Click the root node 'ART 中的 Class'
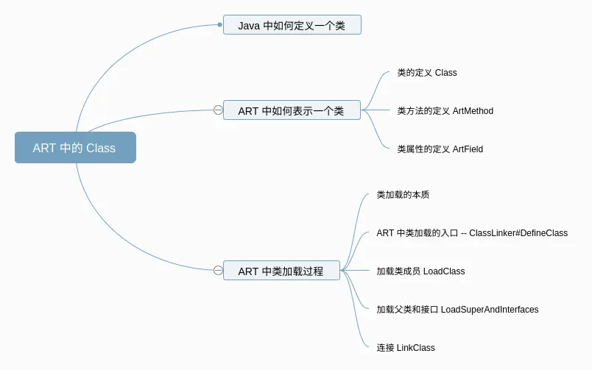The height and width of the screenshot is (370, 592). coord(76,147)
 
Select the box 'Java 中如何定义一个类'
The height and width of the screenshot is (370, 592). coord(292,25)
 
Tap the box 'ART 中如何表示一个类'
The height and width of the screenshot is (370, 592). coord(292,110)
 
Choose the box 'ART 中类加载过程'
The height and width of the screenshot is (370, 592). coord(282,271)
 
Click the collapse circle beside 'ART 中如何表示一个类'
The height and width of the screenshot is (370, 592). coord(218,110)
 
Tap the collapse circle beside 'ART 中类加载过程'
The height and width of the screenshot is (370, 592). coord(218,271)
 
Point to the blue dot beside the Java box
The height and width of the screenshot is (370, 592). coord(219,25)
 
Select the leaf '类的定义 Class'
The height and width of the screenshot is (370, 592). coord(427,72)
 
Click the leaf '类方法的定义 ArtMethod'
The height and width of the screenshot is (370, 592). coord(445,111)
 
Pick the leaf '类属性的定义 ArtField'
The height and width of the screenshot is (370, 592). coord(440,149)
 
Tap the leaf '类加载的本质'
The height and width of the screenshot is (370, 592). coord(403,195)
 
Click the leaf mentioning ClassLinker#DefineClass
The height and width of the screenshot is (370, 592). coord(472,233)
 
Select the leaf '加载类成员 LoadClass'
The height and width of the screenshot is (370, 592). coord(420,271)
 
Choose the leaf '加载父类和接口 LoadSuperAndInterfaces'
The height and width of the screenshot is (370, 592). coord(457,309)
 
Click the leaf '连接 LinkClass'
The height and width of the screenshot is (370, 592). coord(406,348)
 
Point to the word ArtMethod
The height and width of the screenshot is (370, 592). coord(473,111)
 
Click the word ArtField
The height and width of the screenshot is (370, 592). coord(468,149)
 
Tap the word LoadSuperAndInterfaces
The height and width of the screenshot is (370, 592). coord(490,309)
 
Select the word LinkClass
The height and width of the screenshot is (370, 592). coord(416,348)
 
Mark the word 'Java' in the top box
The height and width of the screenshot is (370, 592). coord(249,26)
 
